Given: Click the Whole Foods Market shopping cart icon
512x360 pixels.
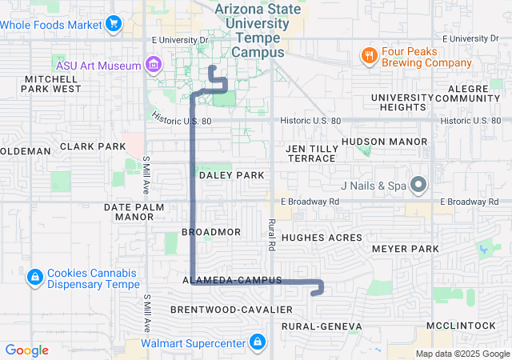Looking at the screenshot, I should [x=113, y=24].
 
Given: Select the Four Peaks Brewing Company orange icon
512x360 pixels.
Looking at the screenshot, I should [x=368, y=56].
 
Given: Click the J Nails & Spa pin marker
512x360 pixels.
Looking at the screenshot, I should [x=418, y=186].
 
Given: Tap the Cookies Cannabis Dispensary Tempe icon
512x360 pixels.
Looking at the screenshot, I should [x=34, y=278].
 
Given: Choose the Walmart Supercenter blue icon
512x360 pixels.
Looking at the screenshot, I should [x=256, y=343].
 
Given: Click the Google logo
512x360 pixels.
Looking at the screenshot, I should [x=27, y=350].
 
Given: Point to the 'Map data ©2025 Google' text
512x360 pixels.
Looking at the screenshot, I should [x=461, y=354].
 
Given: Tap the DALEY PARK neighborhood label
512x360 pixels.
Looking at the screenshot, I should [x=231, y=174].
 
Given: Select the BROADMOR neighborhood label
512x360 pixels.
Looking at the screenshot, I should [x=211, y=231].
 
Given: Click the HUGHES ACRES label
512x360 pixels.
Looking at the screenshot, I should [x=322, y=238].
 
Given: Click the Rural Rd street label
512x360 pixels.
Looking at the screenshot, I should [x=272, y=231].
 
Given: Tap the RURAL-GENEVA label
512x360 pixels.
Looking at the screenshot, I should [x=322, y=326].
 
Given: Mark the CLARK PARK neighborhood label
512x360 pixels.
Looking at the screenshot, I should [x=93, y=146].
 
